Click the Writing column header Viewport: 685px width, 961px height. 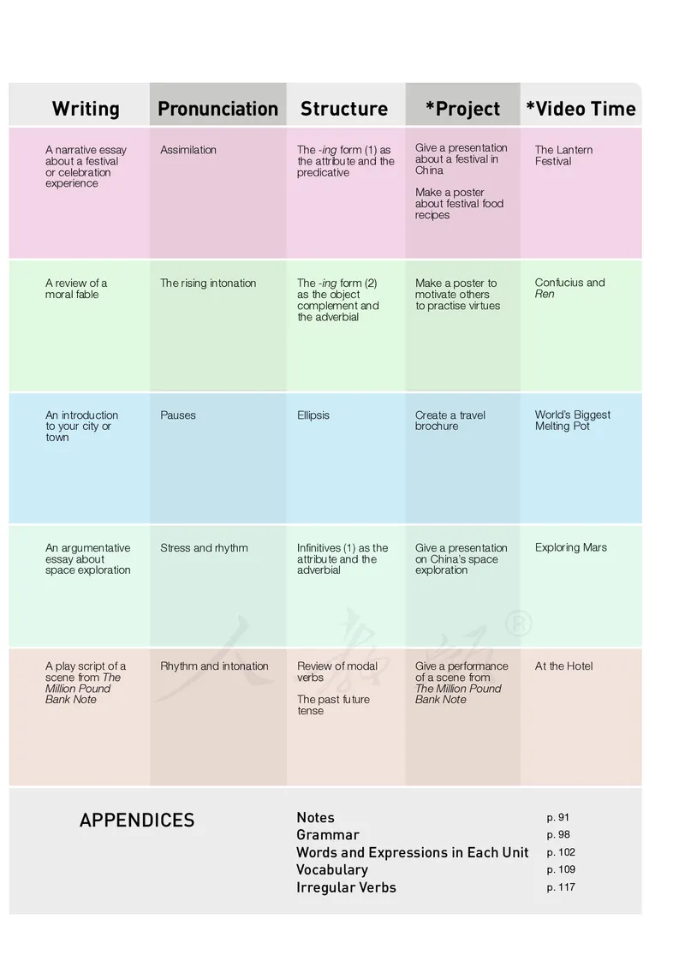(86, 109)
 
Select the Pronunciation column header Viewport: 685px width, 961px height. (217, 109)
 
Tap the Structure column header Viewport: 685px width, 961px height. (343, 109)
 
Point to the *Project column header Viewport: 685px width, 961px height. (462, 109)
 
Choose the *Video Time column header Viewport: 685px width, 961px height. (581, 109)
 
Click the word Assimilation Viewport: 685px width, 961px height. (188, 150)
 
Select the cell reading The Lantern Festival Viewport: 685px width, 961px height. (563, 155)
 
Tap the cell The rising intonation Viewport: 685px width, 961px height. (208, 284)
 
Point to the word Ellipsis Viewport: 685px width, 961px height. (313, 415)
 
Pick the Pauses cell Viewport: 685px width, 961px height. (178, 415)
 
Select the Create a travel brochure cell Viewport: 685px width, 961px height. (450, 421)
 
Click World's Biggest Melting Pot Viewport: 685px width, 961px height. (573, 421)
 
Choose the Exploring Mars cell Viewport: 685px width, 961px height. (571, 548)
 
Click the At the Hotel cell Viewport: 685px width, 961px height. (563, 666)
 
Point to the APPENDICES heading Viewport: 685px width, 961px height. (137, 821)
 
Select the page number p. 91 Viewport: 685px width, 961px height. (558, 818)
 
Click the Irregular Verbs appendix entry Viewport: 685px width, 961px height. (346, 887)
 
